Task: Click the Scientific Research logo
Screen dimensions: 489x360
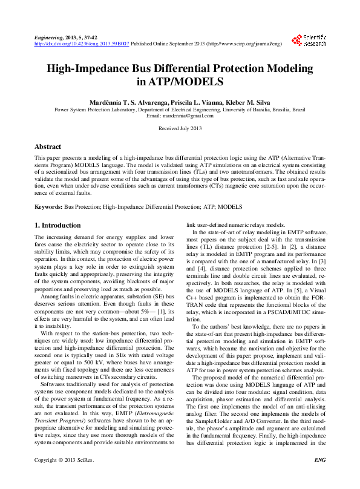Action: [x=309, y=41]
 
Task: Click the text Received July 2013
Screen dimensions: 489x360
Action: [x=180, y=128]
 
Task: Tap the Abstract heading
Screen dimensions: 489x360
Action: [x=48, y=147]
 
